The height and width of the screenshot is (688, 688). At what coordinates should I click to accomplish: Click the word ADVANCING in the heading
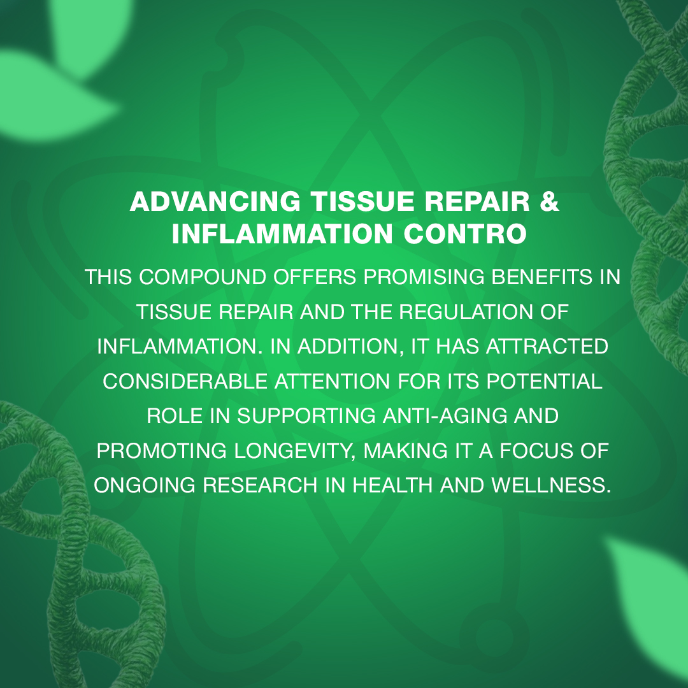tap(215, 202)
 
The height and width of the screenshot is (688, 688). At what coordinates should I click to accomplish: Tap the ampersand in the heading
tap(549, 202)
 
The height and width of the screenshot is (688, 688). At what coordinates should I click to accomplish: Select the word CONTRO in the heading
tap(465, 234)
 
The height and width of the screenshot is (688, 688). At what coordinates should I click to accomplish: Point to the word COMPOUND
tap(203, 277)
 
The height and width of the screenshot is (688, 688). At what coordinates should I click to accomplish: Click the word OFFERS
tap(315, 277)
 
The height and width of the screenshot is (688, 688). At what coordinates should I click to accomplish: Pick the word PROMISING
tap(424, 277)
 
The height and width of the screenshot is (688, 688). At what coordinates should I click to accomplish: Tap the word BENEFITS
tap(542, 277)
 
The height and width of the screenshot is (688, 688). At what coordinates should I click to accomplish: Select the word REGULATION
tap(466, 312)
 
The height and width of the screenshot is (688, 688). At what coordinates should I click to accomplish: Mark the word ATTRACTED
tap(547, 347)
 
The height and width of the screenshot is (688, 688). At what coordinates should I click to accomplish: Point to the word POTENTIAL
tap(544, 382)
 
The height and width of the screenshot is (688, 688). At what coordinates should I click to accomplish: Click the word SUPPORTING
tap(306, 416)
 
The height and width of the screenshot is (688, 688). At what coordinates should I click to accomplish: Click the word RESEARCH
tap(260, 485)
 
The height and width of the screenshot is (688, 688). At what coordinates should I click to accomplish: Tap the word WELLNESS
tap(551, 485)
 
